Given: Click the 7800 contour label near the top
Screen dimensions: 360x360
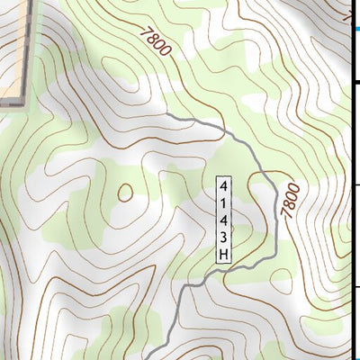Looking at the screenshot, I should click(155, 42).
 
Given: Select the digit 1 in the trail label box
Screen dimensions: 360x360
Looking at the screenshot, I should click(223, 202).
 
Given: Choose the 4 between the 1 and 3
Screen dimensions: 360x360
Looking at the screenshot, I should click(223, 220).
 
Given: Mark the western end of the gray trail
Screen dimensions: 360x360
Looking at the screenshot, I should click(169, 116).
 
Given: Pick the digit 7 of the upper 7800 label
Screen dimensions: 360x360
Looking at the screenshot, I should click(145, 31).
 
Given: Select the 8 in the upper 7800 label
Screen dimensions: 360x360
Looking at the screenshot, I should click(151, 39).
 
